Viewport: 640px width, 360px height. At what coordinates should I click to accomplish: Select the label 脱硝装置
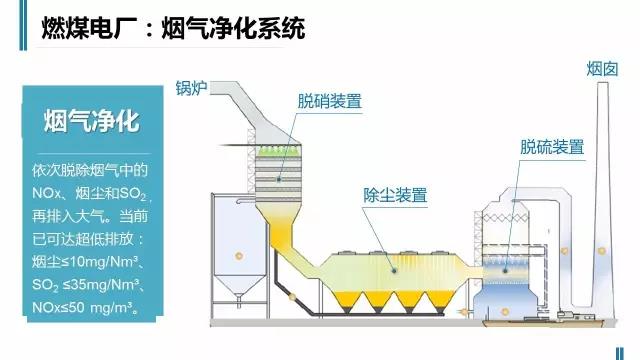[x=329, y=101]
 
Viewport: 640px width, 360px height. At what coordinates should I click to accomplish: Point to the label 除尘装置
[x=395, y=194]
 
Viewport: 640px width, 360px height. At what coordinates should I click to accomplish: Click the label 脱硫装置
[x=552, y=146]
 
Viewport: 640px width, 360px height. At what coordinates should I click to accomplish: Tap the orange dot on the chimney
[x=601, y=250]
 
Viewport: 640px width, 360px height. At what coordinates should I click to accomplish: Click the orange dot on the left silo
[x=238, y=257]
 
